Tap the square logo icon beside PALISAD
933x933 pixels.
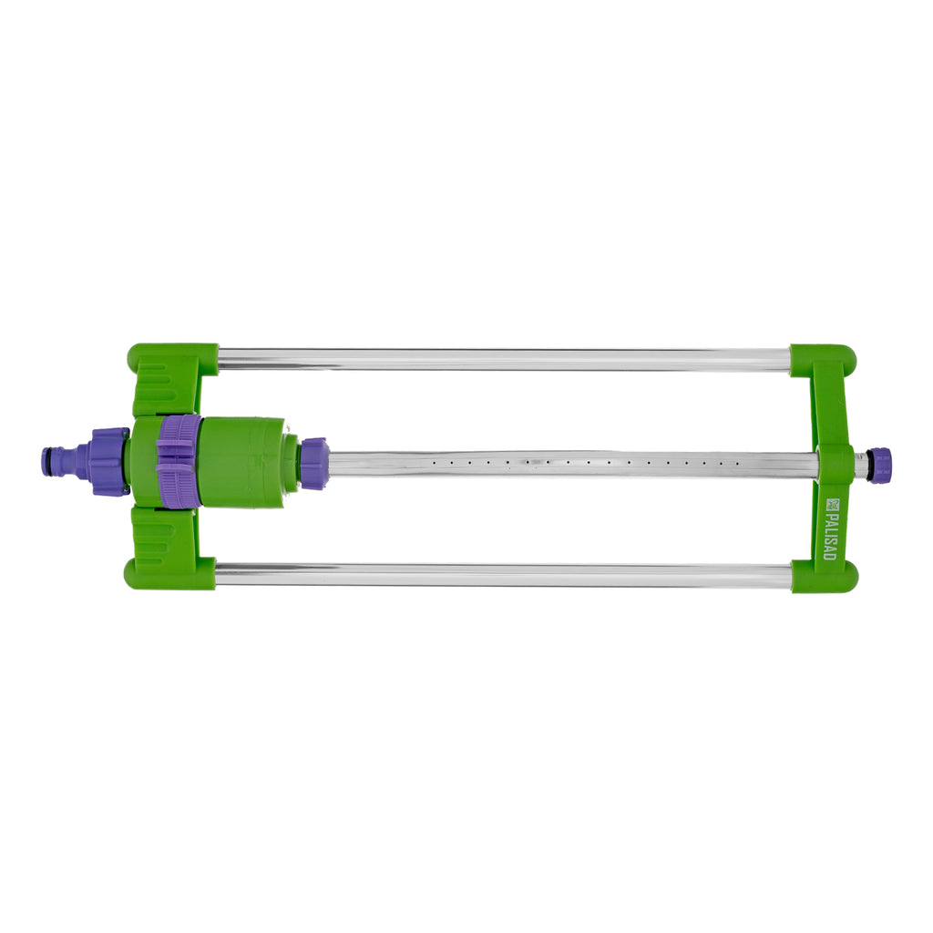click(x=831, y=504)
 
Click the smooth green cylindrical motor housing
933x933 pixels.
click(x=241, y=462)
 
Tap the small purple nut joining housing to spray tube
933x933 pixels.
click(x=313, y=463)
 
